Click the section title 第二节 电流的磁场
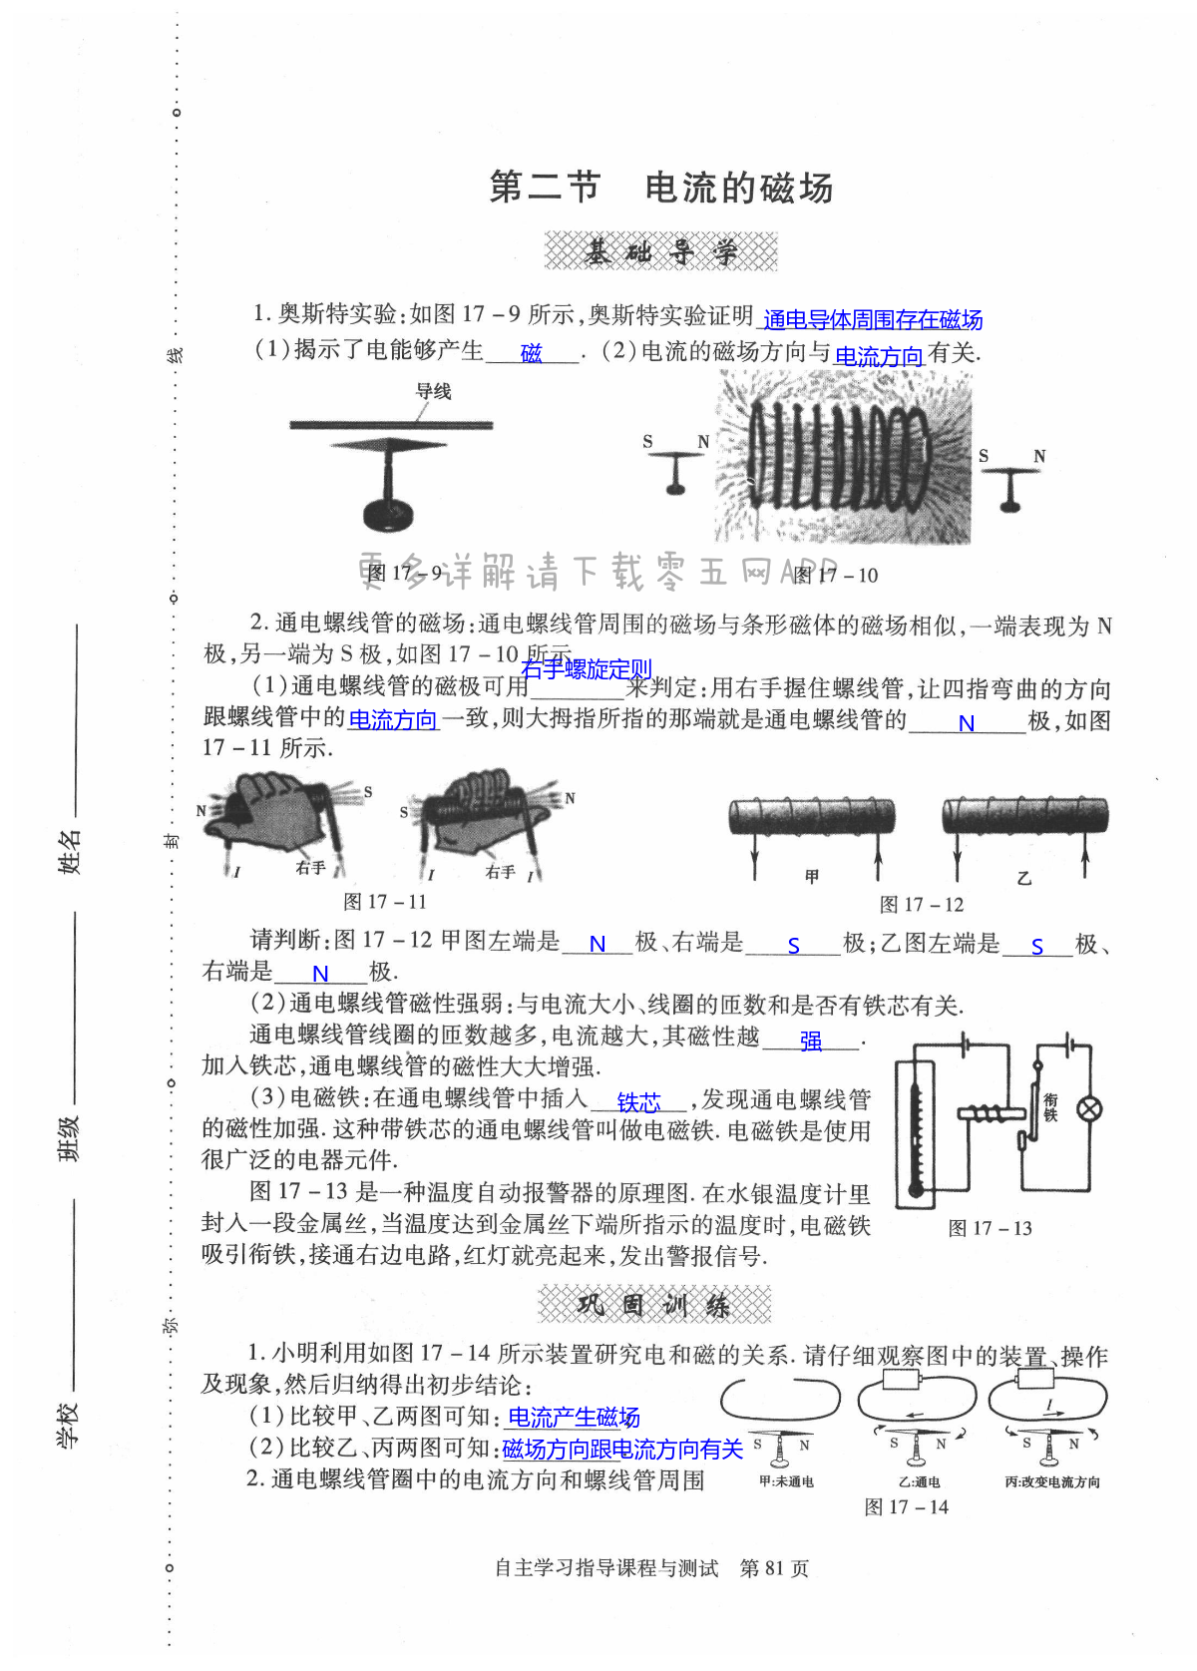pos(660,188)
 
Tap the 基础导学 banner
pos(660,251)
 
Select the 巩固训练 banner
pos(654,1305)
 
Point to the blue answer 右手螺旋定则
pos(587,668)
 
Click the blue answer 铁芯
pos(638,1102)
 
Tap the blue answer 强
pos(811,1042)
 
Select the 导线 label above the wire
pos(434,391)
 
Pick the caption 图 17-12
pos(922,905)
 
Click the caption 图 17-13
pos(990,1228)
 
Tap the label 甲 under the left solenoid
pos(812,876)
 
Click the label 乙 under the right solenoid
pos(1023,878)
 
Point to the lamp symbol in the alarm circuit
pos(1089,1108)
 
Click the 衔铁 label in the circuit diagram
pos(1050,1107)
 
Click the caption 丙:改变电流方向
pos(1052,1482)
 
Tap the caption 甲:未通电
pos(786,1481)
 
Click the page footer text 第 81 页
pos(774,1568)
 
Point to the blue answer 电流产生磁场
pos(574,1417)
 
